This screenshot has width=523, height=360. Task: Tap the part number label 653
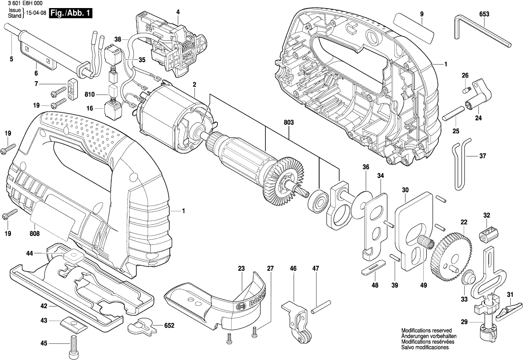click(484, 14)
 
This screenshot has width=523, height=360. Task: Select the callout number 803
click(289, 123)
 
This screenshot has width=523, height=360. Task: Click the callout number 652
click(169, 326)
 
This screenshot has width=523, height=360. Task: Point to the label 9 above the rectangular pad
click(421, 14)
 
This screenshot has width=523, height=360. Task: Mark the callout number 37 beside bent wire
click(483, 156)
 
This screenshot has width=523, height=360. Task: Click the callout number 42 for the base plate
click(44, 306)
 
